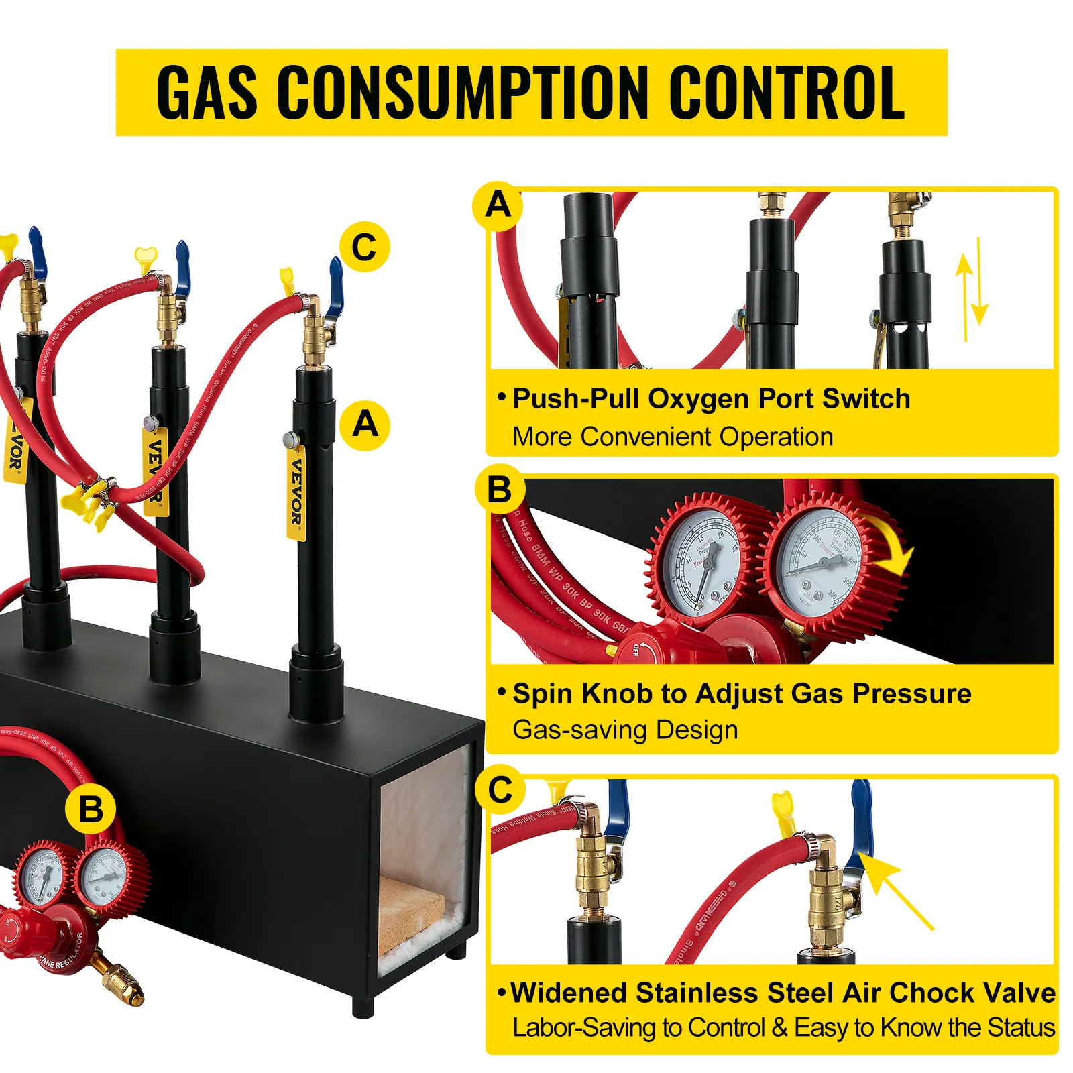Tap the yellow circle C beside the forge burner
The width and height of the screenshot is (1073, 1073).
(x=364, y=247)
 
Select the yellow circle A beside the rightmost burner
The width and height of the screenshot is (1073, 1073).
(x=365, y=425)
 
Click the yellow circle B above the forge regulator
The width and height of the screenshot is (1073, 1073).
(x=91, y=809)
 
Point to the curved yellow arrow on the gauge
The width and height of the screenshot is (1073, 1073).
(x=892, y=547)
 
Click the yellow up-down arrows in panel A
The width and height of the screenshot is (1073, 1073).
(x=972, y=290)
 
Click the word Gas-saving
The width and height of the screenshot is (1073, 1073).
(x=580, y=730)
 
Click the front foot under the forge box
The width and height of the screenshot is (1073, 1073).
(x=363, y=1006)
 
